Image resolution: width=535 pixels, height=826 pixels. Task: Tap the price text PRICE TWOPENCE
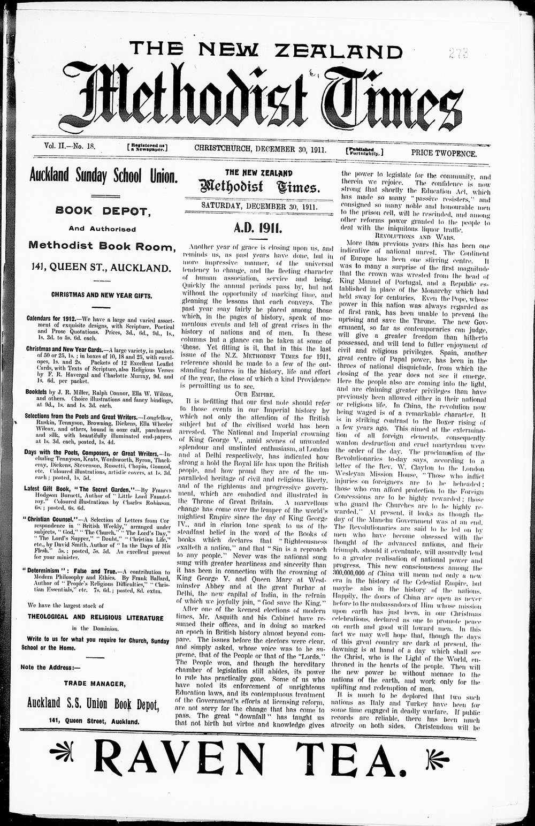point(444,153)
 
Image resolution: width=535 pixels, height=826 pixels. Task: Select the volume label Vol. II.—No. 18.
point(70,146)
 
